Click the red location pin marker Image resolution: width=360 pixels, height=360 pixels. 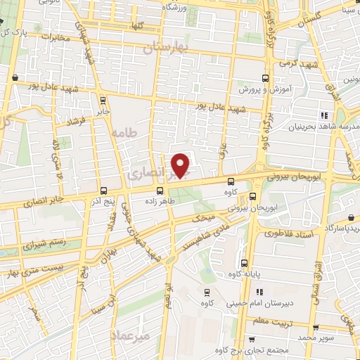(x=181, y=165)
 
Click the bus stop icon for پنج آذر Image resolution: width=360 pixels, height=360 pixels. (x=103, y=191)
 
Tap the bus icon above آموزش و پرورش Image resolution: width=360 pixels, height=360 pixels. (x=265, y=78)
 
